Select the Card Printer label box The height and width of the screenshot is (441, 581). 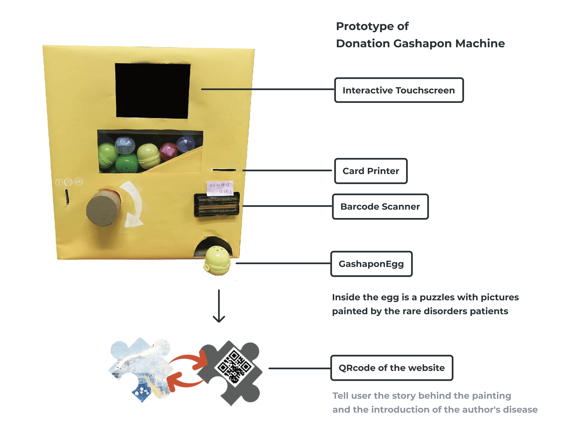(x=371, y=171)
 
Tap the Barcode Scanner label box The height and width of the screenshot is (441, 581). (x=380, y=207)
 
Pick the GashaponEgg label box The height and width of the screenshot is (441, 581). (x=371, y=264)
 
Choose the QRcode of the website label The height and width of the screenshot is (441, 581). (x=391, y=368)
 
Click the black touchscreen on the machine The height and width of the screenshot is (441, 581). (x=152, y=91)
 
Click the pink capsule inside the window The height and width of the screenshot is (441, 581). (x=168, y=151)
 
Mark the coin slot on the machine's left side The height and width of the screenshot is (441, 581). (x=67, y=197)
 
